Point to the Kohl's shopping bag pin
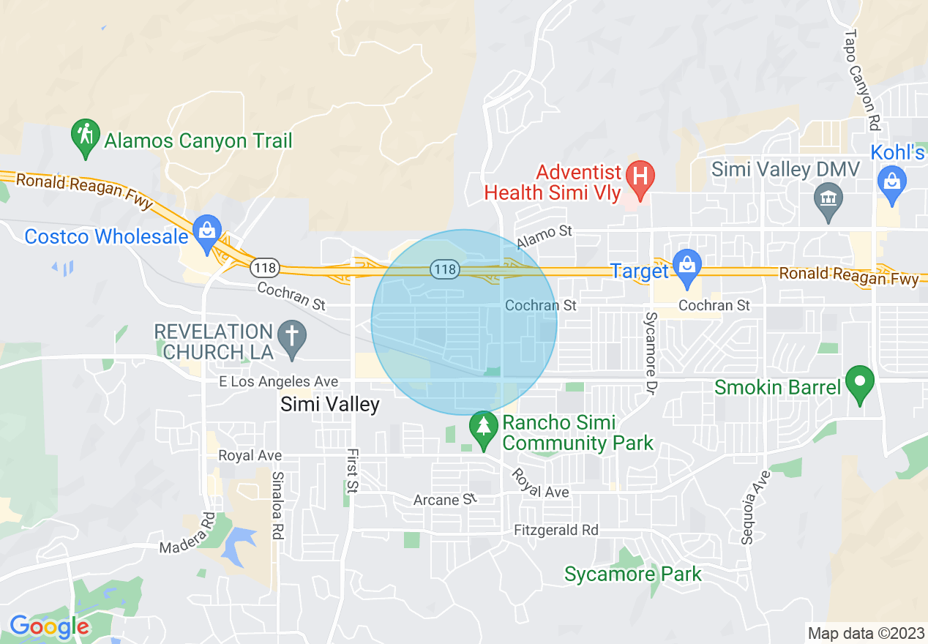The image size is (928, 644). pos(892,180)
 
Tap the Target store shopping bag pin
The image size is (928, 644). pos(686,266)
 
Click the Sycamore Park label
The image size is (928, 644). pos(632,574)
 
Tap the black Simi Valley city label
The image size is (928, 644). pos(330,405)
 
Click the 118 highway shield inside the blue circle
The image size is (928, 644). pos(444,270)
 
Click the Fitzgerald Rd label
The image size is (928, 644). pos(555,530)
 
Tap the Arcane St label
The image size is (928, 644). pos(445,500)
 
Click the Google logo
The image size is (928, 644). pos(48,627)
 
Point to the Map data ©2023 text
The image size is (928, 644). pos(864,633)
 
